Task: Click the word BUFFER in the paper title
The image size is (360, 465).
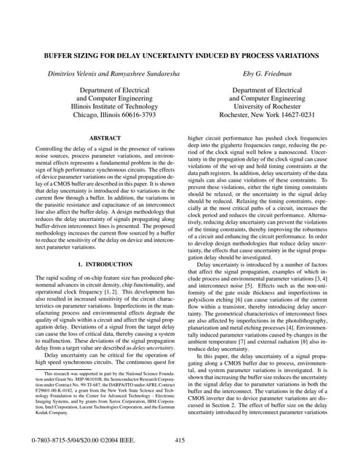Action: (x=56, y=54)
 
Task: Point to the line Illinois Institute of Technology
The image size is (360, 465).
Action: (x=104, y=105)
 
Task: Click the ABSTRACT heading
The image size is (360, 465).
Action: (x=104, y=137)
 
